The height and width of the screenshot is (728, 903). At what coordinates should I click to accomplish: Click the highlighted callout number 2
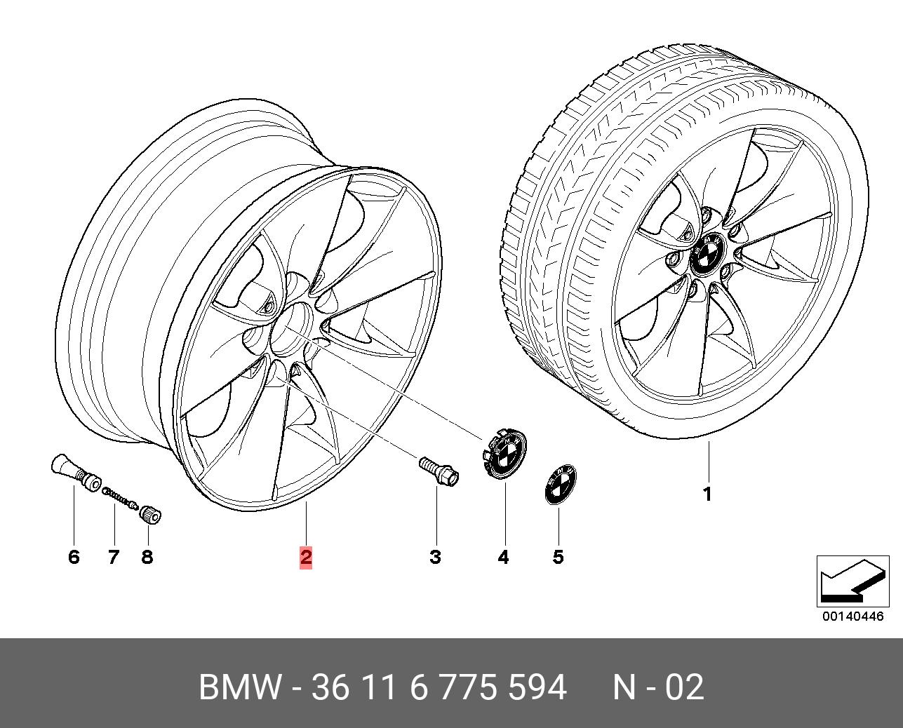coord(306,558)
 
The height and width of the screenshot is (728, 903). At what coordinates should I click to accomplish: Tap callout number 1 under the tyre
coord(708,494)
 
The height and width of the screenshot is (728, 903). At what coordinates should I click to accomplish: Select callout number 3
coord(436,558)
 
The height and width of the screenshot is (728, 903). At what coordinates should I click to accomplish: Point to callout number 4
coord(503,558)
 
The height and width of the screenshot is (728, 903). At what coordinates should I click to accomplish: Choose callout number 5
coord(558,558)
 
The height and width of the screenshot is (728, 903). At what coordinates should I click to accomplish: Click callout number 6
coord(74,558)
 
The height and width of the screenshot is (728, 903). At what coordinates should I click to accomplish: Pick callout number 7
coord(113,558)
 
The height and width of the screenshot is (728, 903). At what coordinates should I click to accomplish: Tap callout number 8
coord(147,558)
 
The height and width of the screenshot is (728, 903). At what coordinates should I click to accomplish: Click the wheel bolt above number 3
coord(439,472)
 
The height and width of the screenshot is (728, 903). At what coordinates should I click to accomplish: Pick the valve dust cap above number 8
coord(151,515)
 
